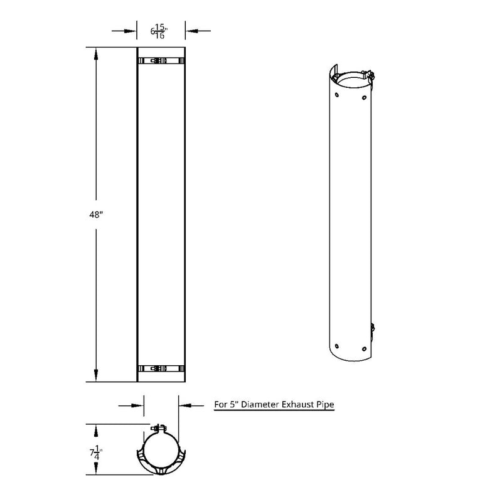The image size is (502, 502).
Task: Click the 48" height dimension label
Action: click(95, 214)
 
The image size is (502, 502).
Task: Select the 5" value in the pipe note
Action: click(233, 405)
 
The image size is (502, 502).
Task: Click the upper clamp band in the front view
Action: click(161, 61)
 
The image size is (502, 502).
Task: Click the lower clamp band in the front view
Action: click(161, 370)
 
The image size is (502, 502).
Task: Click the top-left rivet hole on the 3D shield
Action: click(337, 95)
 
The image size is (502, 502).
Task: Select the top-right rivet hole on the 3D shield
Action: click(364, 97)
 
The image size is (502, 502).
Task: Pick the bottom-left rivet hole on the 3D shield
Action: click(338, 345)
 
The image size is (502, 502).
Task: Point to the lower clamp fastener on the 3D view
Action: click(373, 327)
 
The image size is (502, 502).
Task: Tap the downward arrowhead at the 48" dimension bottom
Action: click(95, 375)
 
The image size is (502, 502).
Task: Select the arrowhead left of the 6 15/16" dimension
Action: click(132, 29)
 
